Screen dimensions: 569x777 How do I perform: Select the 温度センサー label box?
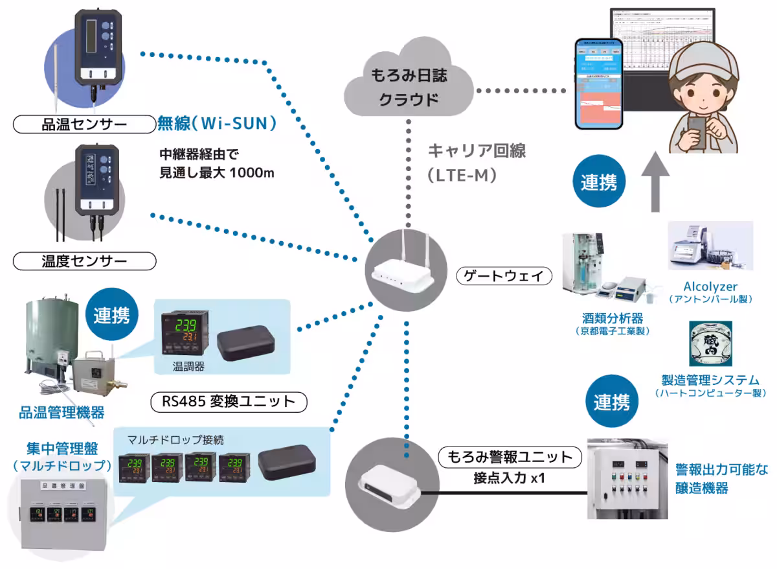[85, 262]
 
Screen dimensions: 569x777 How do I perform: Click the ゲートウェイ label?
[504, 276]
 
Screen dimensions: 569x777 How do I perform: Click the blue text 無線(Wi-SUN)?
[217, 122]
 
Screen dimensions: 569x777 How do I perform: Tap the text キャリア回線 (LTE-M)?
[476, 162]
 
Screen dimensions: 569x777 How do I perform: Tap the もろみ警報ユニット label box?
[507, 458]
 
